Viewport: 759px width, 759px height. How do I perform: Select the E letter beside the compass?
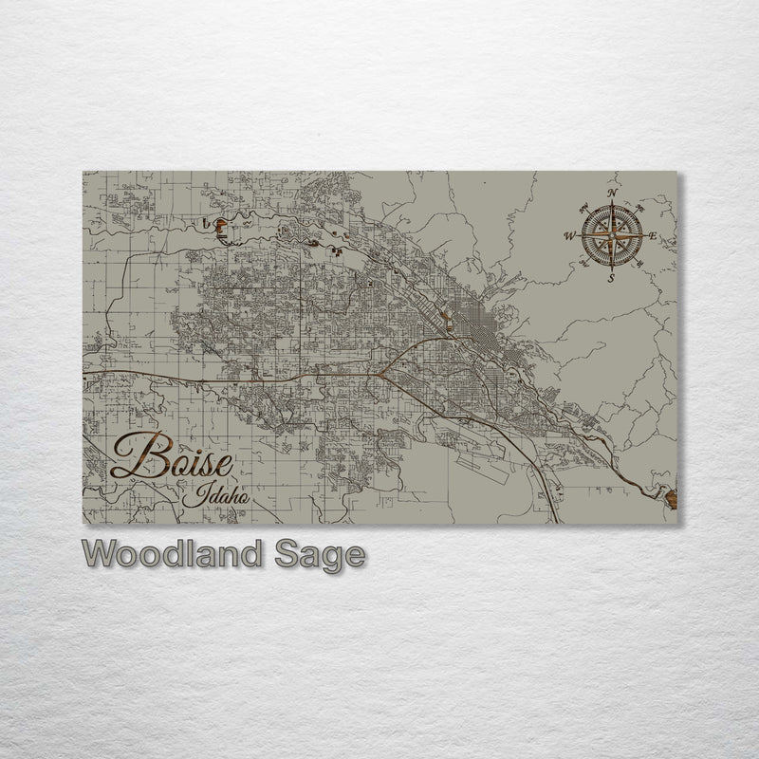point(654,236)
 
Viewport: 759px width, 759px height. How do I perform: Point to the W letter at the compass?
point(570,235)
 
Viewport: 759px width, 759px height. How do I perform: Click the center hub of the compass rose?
point(612,235)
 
